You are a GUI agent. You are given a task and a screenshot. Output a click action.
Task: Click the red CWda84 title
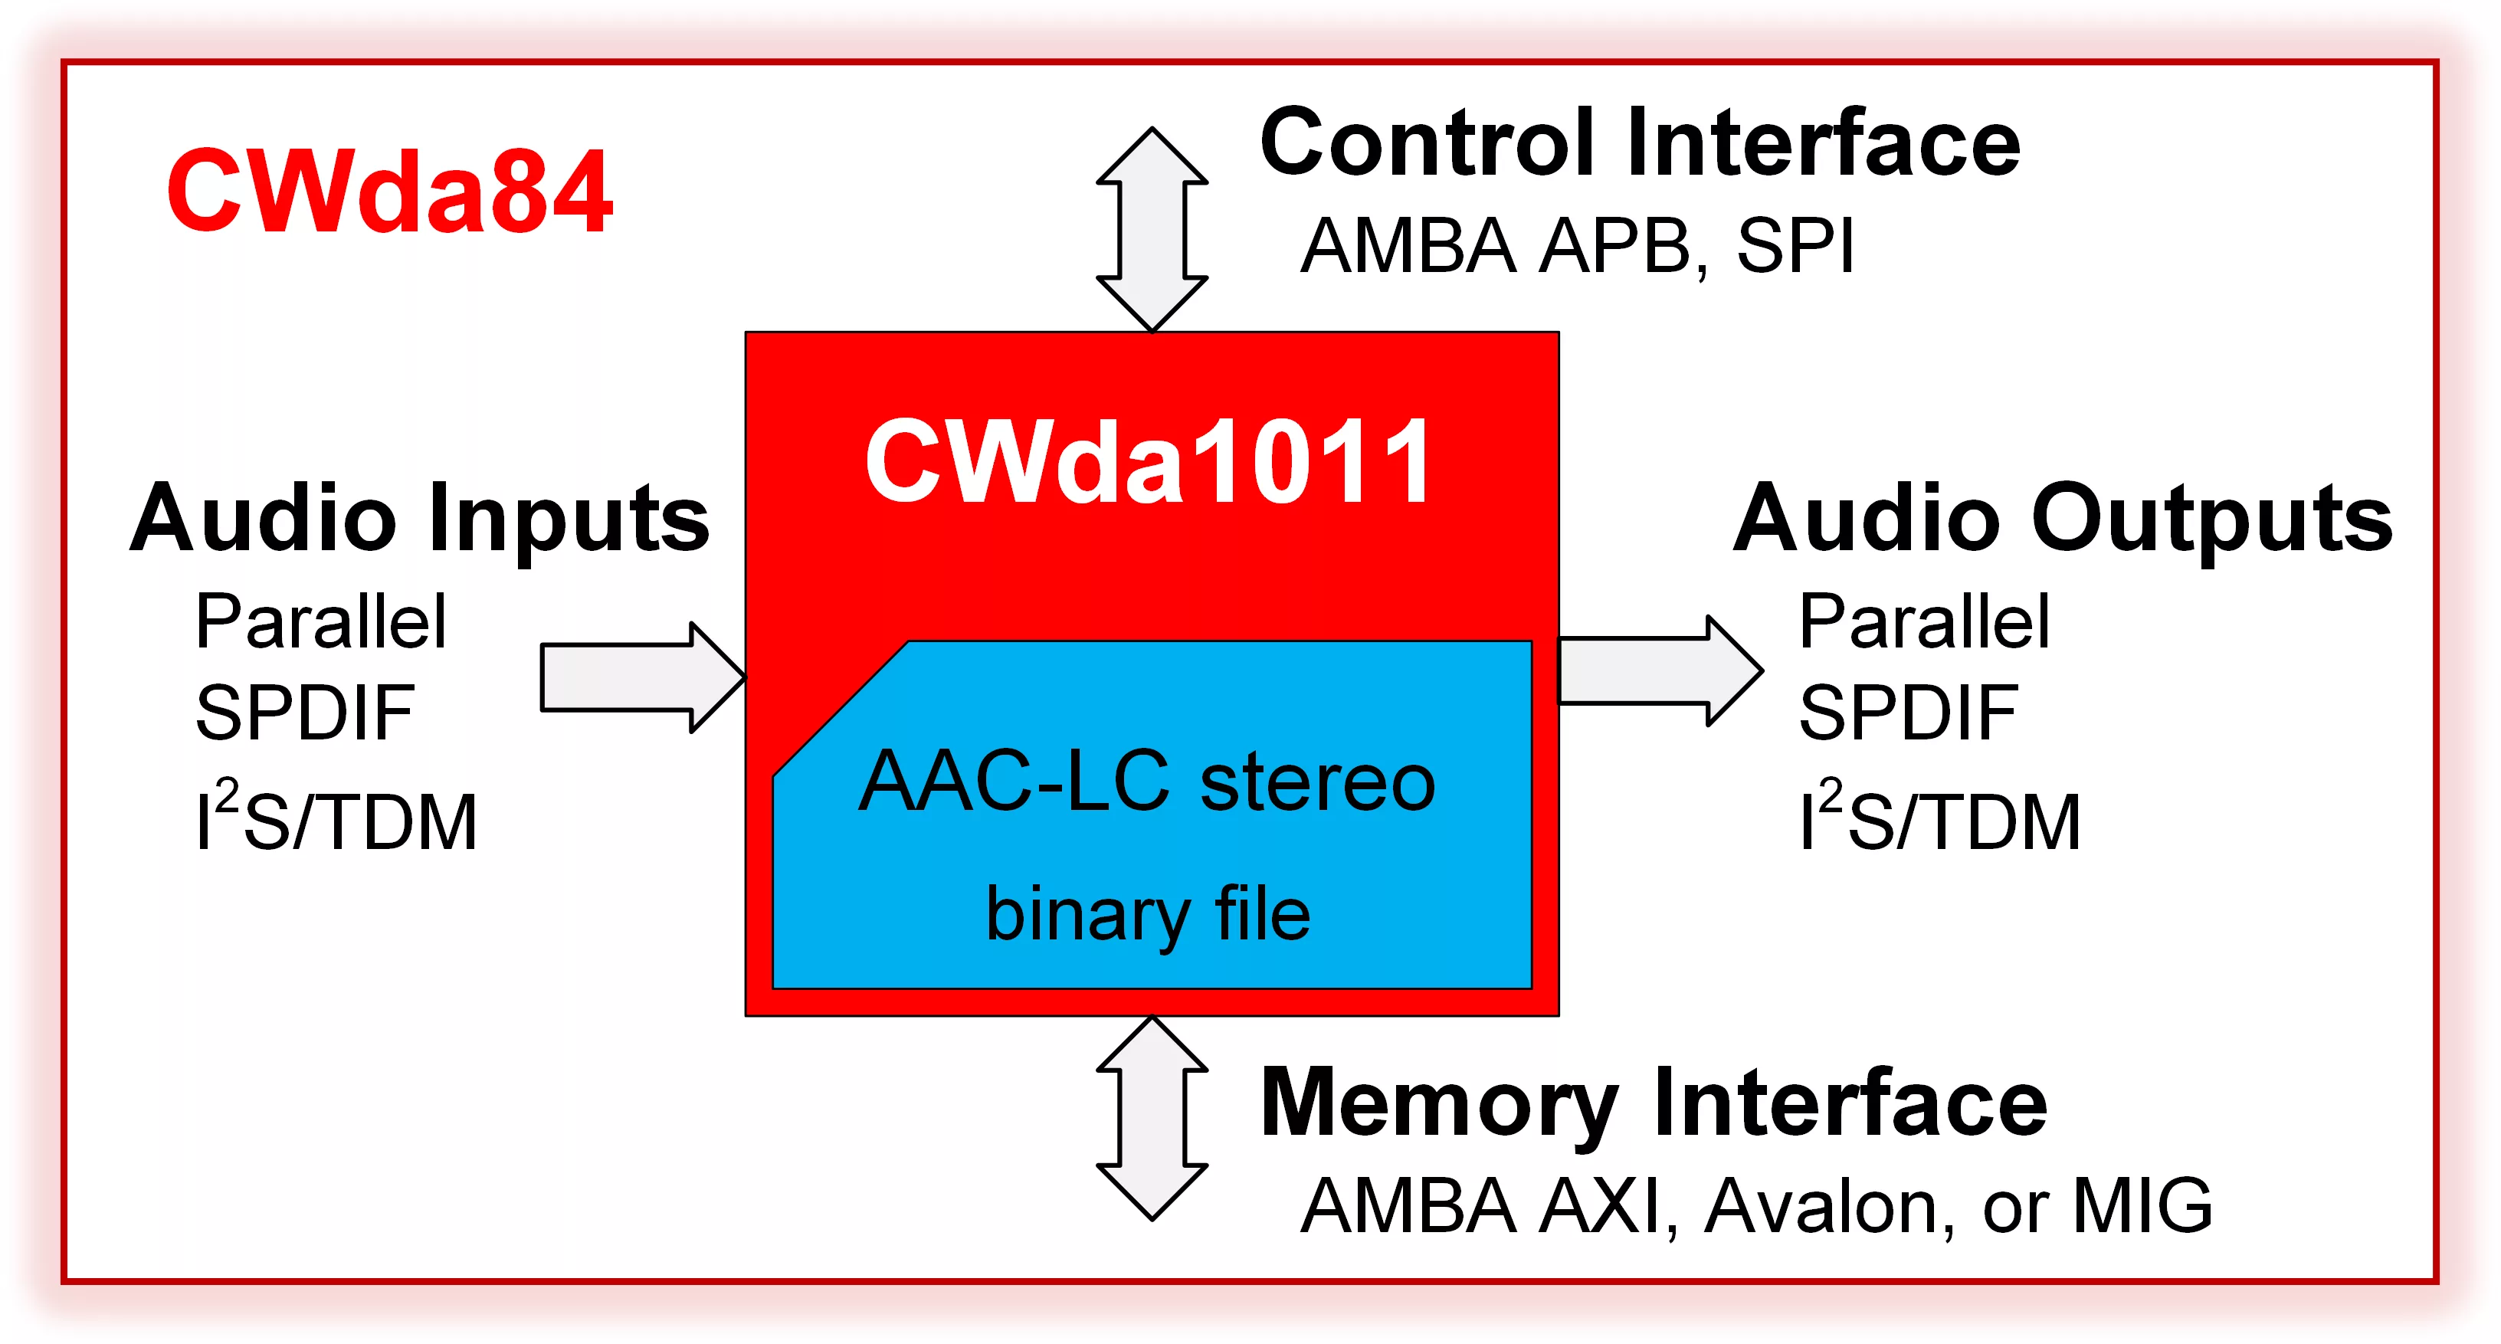[388, 192]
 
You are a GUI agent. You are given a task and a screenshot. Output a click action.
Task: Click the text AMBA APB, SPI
[1577, 246]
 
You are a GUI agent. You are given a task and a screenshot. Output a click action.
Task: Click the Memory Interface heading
[1653, 1103]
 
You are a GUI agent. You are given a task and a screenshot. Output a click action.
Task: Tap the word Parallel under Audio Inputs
[320, 621]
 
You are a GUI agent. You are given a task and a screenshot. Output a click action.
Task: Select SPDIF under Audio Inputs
[305, 713]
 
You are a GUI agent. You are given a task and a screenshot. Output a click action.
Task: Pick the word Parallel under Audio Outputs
[1924, 621]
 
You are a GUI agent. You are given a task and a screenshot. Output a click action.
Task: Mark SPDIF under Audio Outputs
[1909, 713]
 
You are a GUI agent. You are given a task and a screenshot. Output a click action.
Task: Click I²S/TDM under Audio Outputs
[1940, 818]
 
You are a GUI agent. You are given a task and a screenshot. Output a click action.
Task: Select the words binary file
[1148, 914]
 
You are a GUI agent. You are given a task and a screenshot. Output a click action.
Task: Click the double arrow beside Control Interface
[1152, 230]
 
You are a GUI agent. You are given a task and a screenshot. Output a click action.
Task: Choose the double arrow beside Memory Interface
[1152, 1119]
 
